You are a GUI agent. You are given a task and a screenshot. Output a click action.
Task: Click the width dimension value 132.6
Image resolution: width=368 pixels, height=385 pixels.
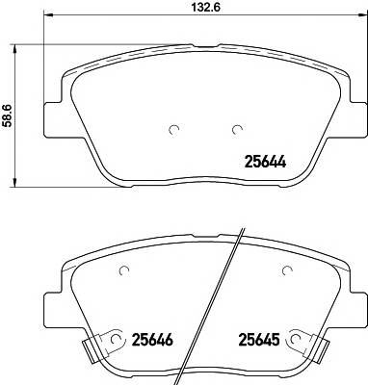coord(205,8)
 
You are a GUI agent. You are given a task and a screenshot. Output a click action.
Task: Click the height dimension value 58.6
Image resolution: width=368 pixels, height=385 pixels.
coord(7,115)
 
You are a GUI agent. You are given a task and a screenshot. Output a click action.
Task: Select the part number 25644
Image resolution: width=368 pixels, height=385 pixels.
coord(265,162)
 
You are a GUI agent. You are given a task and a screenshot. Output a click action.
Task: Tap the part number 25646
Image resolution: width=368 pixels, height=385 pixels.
coord(152,340)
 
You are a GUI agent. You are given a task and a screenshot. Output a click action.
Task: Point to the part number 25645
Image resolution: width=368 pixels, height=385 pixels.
coord(258,340)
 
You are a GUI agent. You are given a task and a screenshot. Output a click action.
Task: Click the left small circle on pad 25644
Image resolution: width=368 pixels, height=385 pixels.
coord(174,130)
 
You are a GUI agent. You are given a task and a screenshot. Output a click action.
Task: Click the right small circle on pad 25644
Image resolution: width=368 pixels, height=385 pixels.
coord(237,129)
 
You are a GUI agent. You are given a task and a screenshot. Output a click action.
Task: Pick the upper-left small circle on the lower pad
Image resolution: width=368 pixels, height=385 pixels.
coord(124,271)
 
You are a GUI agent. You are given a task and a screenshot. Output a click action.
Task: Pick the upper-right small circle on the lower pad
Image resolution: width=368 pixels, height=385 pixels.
coord(287,271)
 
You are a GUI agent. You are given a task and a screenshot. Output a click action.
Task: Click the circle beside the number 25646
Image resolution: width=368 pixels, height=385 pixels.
coord(116,339)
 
